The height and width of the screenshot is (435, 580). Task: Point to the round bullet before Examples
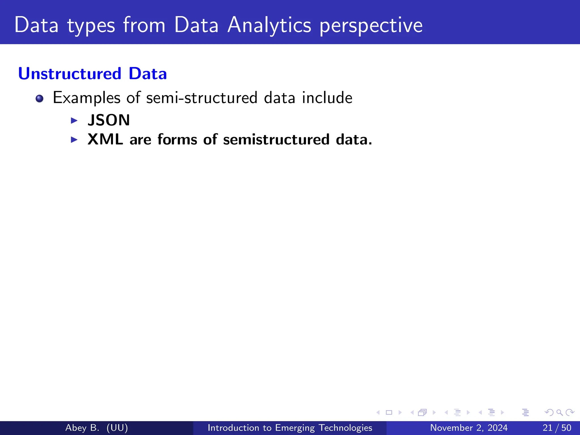[x=39, y=99]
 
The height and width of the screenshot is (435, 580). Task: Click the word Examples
[x=87, y=98]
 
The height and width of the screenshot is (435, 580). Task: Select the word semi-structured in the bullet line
[x=202, y=98]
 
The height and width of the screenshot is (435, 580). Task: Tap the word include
[x=327, y=98]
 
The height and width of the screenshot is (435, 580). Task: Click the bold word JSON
[x=109, y=120]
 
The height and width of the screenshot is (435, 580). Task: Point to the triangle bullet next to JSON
[x=74, y=121]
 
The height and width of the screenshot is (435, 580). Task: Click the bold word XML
[x=105, y=139]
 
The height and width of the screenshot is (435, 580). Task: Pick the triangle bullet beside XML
[x=74, y=140]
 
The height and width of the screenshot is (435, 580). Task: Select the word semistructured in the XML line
[x=276, y=140]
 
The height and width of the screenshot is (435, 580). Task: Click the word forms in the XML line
[x=177, y=140]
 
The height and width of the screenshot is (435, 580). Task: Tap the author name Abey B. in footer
[x=82, y=428]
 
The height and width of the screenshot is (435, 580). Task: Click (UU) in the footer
[x=117, y=428]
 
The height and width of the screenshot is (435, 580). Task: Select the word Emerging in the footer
[x=295, y=428]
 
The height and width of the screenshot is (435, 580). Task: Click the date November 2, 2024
[x=469, y=428]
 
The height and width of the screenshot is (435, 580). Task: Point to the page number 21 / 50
[x=557, y=428]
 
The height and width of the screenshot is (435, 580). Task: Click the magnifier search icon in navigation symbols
[x=559, y=413]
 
